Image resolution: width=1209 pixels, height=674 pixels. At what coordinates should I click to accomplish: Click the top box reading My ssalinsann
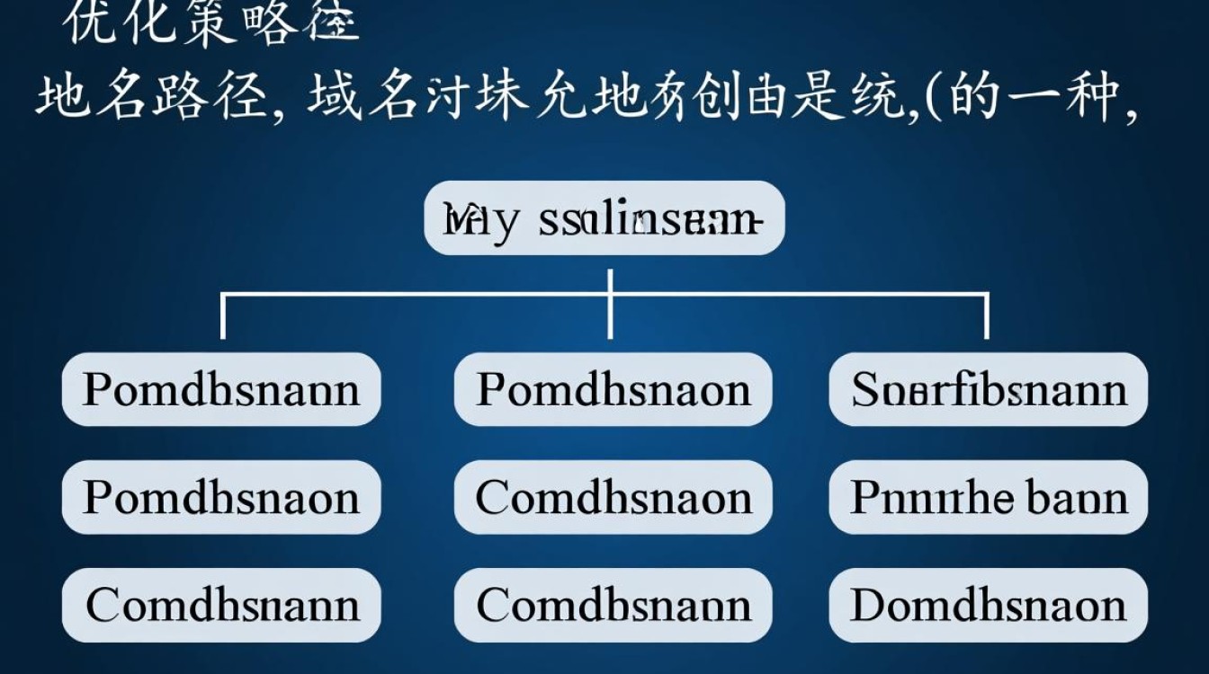[x=604, y=218]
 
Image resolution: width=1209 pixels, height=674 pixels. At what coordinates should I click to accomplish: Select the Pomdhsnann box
[x=220, y=389]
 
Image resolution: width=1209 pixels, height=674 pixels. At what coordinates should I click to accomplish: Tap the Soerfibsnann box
[x=988, y=389]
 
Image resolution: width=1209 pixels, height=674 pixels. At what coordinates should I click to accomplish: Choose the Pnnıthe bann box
[x=988, y=497]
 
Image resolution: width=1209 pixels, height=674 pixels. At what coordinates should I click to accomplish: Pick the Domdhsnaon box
[x=988, y=605]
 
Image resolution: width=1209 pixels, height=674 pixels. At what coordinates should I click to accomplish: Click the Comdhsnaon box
[x=613, y=497]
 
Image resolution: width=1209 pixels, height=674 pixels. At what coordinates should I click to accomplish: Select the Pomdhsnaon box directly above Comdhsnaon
[x=613, y=389]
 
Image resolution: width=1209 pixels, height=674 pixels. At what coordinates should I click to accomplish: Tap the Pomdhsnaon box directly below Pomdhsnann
[x=220, y=497]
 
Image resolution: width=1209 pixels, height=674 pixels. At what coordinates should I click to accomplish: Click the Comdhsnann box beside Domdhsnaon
[x=613, y=605]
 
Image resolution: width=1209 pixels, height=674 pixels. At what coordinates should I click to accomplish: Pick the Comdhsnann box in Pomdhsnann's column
[x=220, y=605]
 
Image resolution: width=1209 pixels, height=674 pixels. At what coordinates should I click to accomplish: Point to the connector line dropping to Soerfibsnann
[x=987, y=316]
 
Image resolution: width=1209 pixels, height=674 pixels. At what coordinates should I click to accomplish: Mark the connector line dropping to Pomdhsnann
[x=222, y=316]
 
